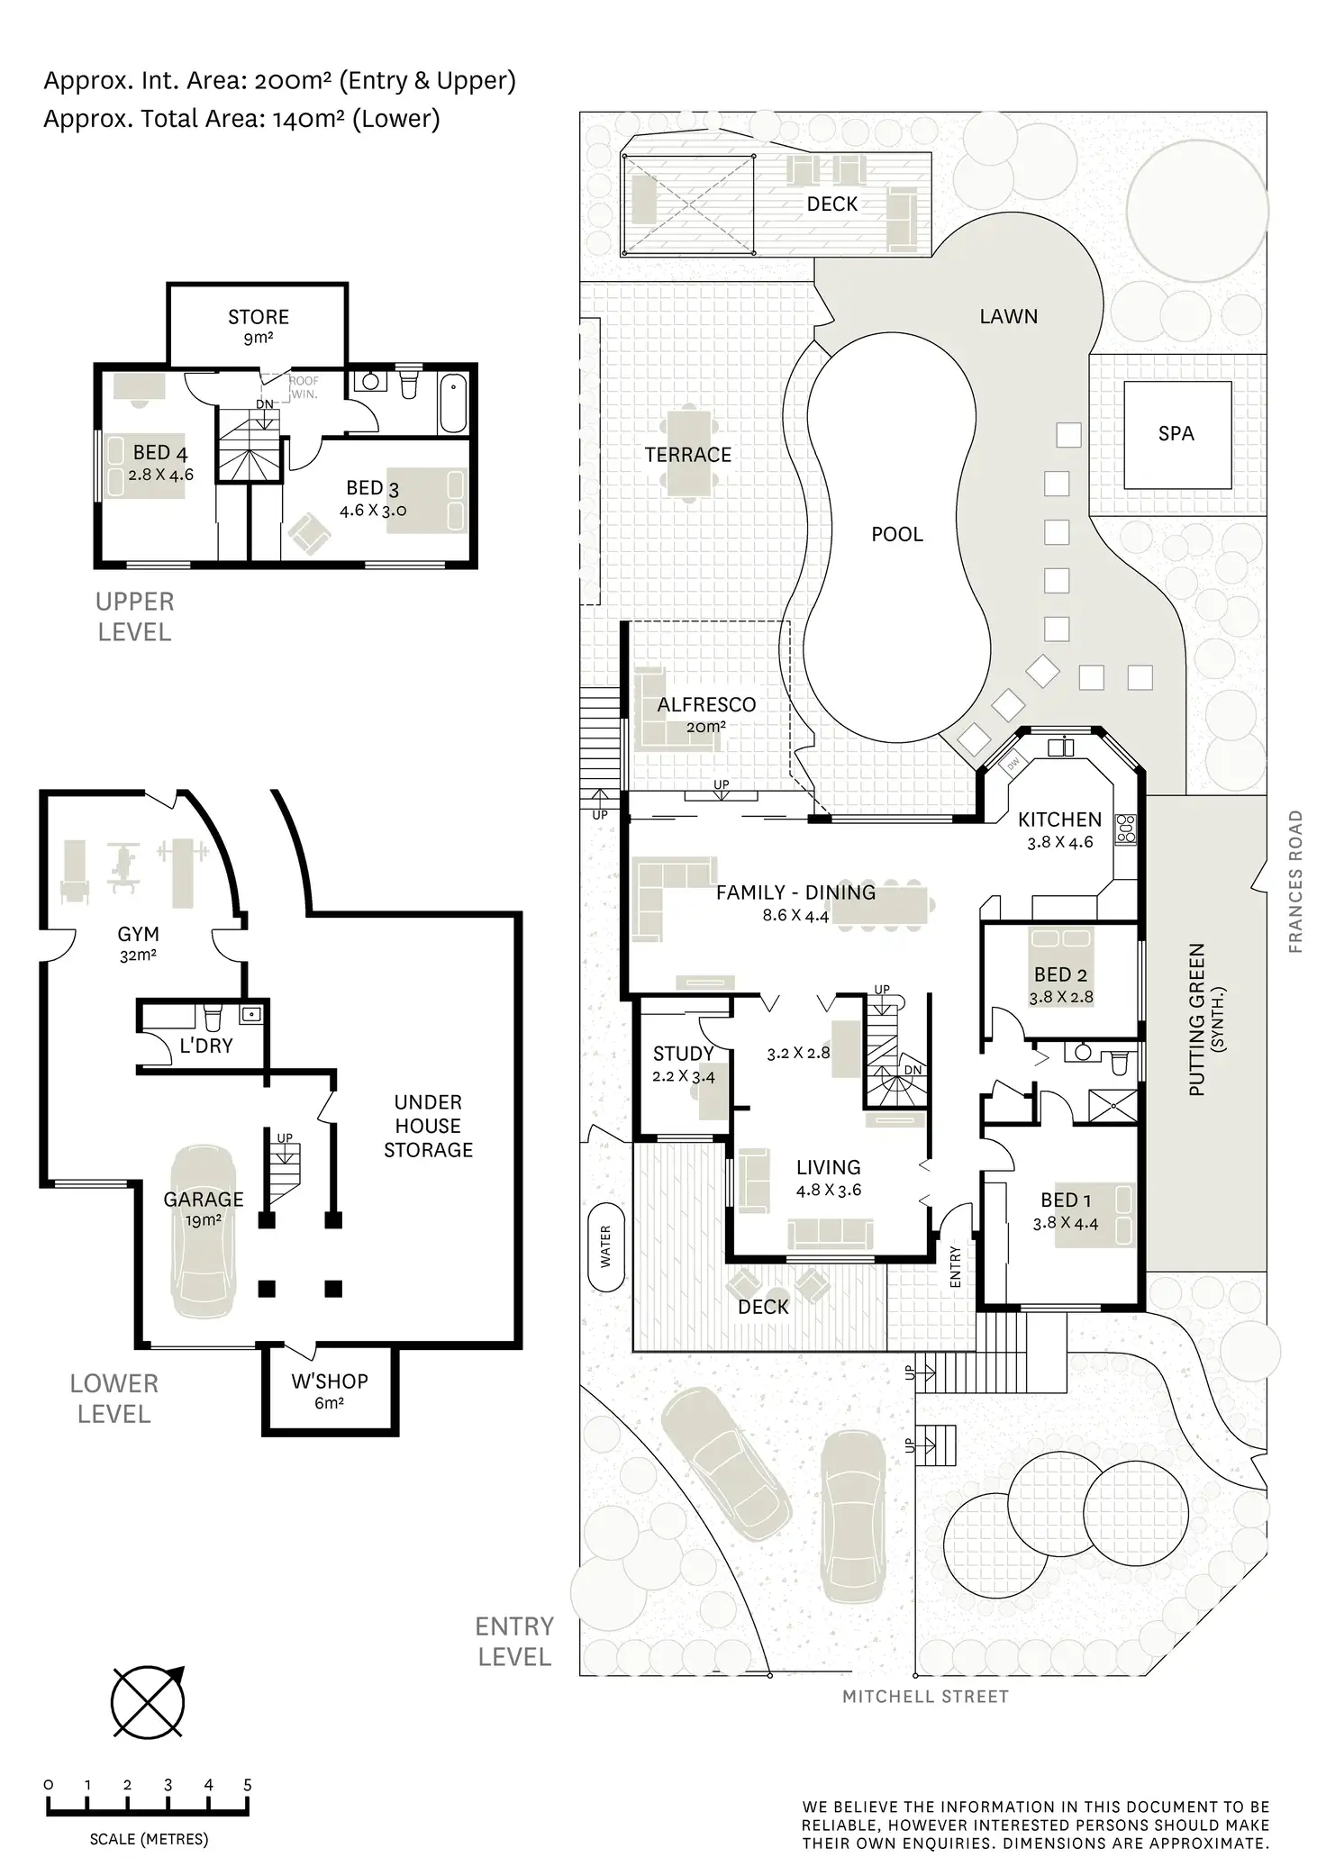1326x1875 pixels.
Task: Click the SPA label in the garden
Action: [x=1176, y=433]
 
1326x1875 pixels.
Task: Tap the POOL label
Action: [x=897, y=534]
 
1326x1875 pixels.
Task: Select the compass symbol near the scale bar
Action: [x=148, y=1701]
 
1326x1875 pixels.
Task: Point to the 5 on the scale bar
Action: [x=247, y=1785]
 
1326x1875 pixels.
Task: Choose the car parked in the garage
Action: [x=204, y=1232]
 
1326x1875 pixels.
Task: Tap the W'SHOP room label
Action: [x=329, y=1381]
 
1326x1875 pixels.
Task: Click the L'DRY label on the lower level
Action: [x=206, y=1046]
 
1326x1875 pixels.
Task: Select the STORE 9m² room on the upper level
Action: [x=259, y=325]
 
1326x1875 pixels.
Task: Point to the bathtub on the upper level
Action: [x=453, y=405]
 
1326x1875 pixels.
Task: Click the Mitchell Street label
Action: [x=925, y=1697]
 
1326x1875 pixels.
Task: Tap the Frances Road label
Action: [x=1295, y=882]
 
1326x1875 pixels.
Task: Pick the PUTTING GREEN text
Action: [x=1197, y=1019]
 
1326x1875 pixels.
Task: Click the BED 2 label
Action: [x=1060, y=974]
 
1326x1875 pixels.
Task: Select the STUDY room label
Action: [x=683, y=1054]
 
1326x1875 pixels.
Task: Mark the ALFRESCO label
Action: [x=706, y=704]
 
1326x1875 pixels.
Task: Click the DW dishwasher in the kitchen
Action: [x=1013, y=763]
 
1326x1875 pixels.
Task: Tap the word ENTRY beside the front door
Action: [x=956, y=1266]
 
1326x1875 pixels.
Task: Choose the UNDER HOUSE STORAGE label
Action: [x=428, y=1126]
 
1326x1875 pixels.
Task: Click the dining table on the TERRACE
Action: [x=689, y=454]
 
